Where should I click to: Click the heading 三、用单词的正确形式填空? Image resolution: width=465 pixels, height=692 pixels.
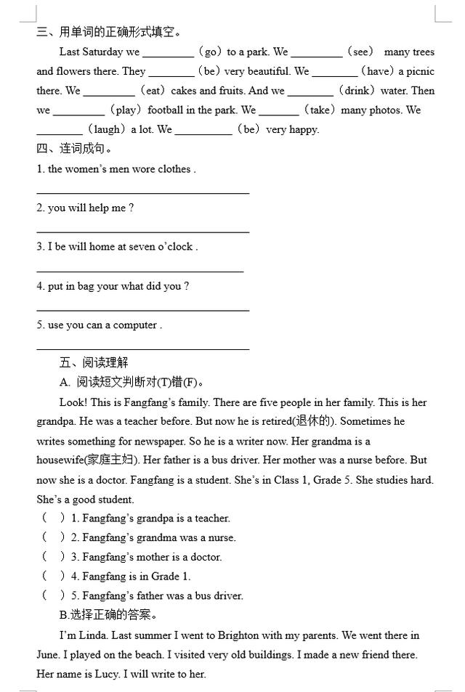(109, 32)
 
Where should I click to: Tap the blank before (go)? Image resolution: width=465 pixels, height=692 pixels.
(168, 52)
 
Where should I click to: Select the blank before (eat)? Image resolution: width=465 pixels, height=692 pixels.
(109, 91)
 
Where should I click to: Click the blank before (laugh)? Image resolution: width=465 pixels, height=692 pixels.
(59, 131)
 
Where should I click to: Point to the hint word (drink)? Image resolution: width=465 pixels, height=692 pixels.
(361, 91)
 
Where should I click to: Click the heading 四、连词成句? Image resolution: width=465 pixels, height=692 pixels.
(75, 149)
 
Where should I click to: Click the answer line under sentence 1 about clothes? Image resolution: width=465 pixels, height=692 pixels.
(142, 192)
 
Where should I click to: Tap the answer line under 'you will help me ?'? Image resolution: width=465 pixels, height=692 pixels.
(142, 232)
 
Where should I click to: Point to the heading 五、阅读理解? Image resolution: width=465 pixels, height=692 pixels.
(94, 362)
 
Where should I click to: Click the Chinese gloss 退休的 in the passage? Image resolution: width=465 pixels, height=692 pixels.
(313, 421)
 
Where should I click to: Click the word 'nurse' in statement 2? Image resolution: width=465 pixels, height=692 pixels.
(221, 538)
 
